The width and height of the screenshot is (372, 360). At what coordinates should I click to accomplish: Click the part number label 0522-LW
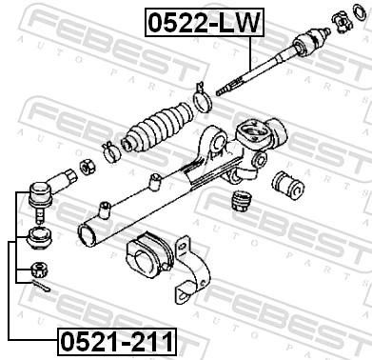pos(202,23)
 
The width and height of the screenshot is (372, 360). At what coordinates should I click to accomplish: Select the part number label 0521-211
pos(119,338)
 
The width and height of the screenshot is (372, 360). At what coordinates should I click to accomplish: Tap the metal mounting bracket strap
pos(195,277)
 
